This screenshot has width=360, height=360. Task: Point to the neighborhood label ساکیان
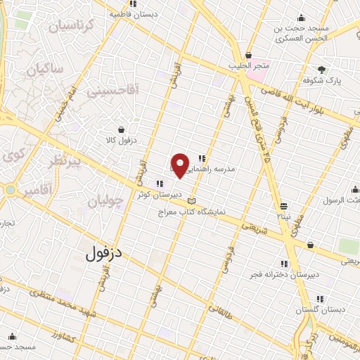45,70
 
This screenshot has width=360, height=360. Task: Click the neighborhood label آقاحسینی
113,89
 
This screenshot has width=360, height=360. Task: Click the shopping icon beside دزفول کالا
122,129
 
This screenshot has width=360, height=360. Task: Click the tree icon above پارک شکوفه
322,70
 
